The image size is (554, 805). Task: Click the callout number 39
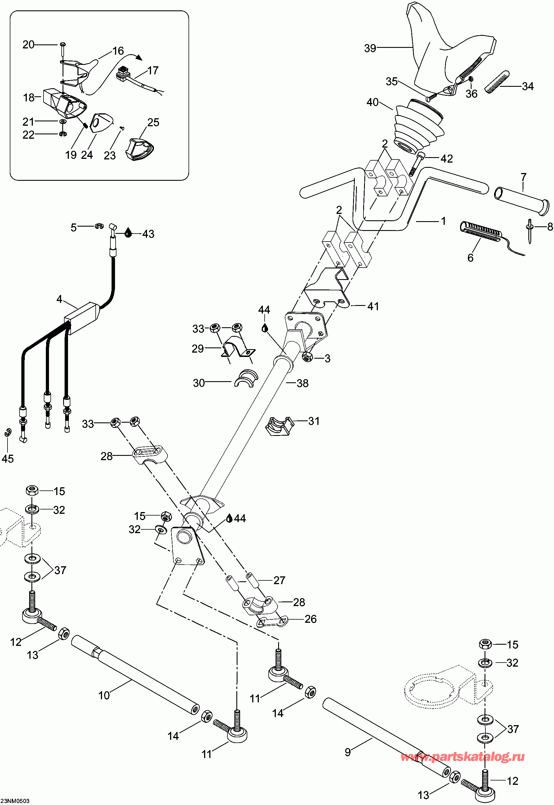point(370,48)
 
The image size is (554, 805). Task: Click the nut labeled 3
point(307,356)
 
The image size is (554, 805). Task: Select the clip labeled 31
point(279,426)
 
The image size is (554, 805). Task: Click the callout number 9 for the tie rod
point(347,752)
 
